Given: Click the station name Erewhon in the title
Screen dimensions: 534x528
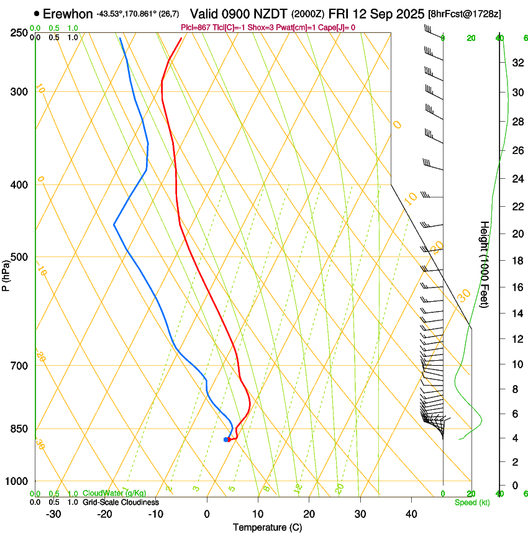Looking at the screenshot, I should click(68, 13).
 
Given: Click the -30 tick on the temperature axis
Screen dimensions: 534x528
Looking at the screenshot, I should click(53, 514).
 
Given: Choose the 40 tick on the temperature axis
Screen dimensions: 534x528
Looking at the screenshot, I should click(411, 514).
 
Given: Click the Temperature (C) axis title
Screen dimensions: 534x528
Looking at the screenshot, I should click(267, 527).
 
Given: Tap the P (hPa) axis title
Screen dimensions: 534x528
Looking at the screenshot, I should click(6, 273).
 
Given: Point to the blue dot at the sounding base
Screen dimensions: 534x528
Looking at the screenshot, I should click(226, 440).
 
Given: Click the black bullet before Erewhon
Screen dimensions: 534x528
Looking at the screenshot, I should click(37, 13).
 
